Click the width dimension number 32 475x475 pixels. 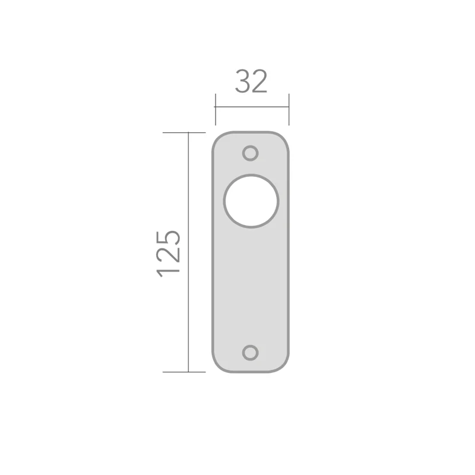pyautogui.click(x=251, y=82)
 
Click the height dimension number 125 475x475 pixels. pyautogui.click(x=169, y=252)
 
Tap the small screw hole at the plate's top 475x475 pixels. pyautogui.click(x=251, y=153)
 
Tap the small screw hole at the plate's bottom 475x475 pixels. pyautogui.click(x=251, y=352)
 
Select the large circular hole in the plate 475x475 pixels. pyautogui.click(x=251, y=201)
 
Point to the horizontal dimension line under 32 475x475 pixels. pyautogui.click(x=251, y=107)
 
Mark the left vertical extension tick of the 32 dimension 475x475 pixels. pyautogui.click(x=215, y=109)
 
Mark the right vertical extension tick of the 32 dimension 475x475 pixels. pyautogui.click(x=289, y=109)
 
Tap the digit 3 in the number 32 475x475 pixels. pyautogui.click(x=243, y=82)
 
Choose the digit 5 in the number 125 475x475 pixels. pyautogui.click(x=169, y=236)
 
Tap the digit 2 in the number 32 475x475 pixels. pyautogui.click(x=260, y=82)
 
